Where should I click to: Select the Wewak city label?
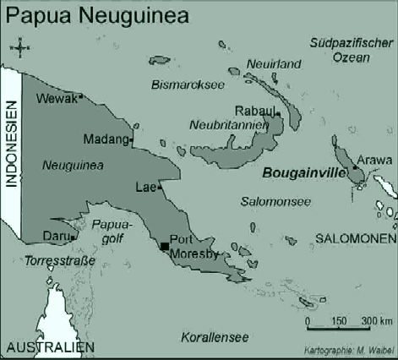(x=57, y=99)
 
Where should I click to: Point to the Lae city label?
(x=144, y=188)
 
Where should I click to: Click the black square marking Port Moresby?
(x=164, y=246)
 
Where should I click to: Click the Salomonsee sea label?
(x=275, y=203)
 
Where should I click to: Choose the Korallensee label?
(x=215, y=337)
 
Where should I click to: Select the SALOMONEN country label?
(x=356, y=239)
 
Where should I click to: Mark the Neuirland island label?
(x=274, y=64)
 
